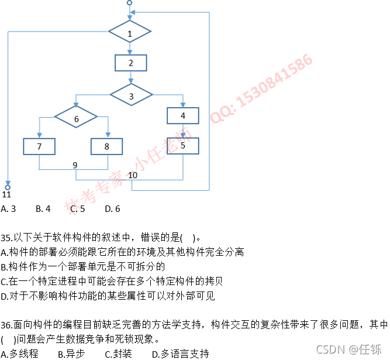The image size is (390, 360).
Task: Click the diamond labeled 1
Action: tap(130, 34)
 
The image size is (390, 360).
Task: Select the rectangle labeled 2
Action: tap(130, 63)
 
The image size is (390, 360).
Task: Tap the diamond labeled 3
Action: tap(131, 95)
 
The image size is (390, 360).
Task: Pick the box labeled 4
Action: tap(183, 115)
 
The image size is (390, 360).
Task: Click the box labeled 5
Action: tap(183, 146)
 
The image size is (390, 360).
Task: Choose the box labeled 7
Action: tap(39, 146)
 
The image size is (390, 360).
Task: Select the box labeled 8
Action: tap(106, 146)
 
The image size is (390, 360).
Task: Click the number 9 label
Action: tap(75, 165)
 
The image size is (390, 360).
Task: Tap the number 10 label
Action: tap(133, 174)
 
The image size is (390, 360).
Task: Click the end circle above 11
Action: tap(8, 187)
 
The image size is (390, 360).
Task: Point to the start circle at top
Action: tap(129, 3)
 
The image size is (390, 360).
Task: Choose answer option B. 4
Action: tap(43, 208)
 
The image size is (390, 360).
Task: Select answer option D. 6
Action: tap(113, 208)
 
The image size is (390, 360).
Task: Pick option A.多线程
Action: tap(20, 354)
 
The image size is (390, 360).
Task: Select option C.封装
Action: tap(119, 354)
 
